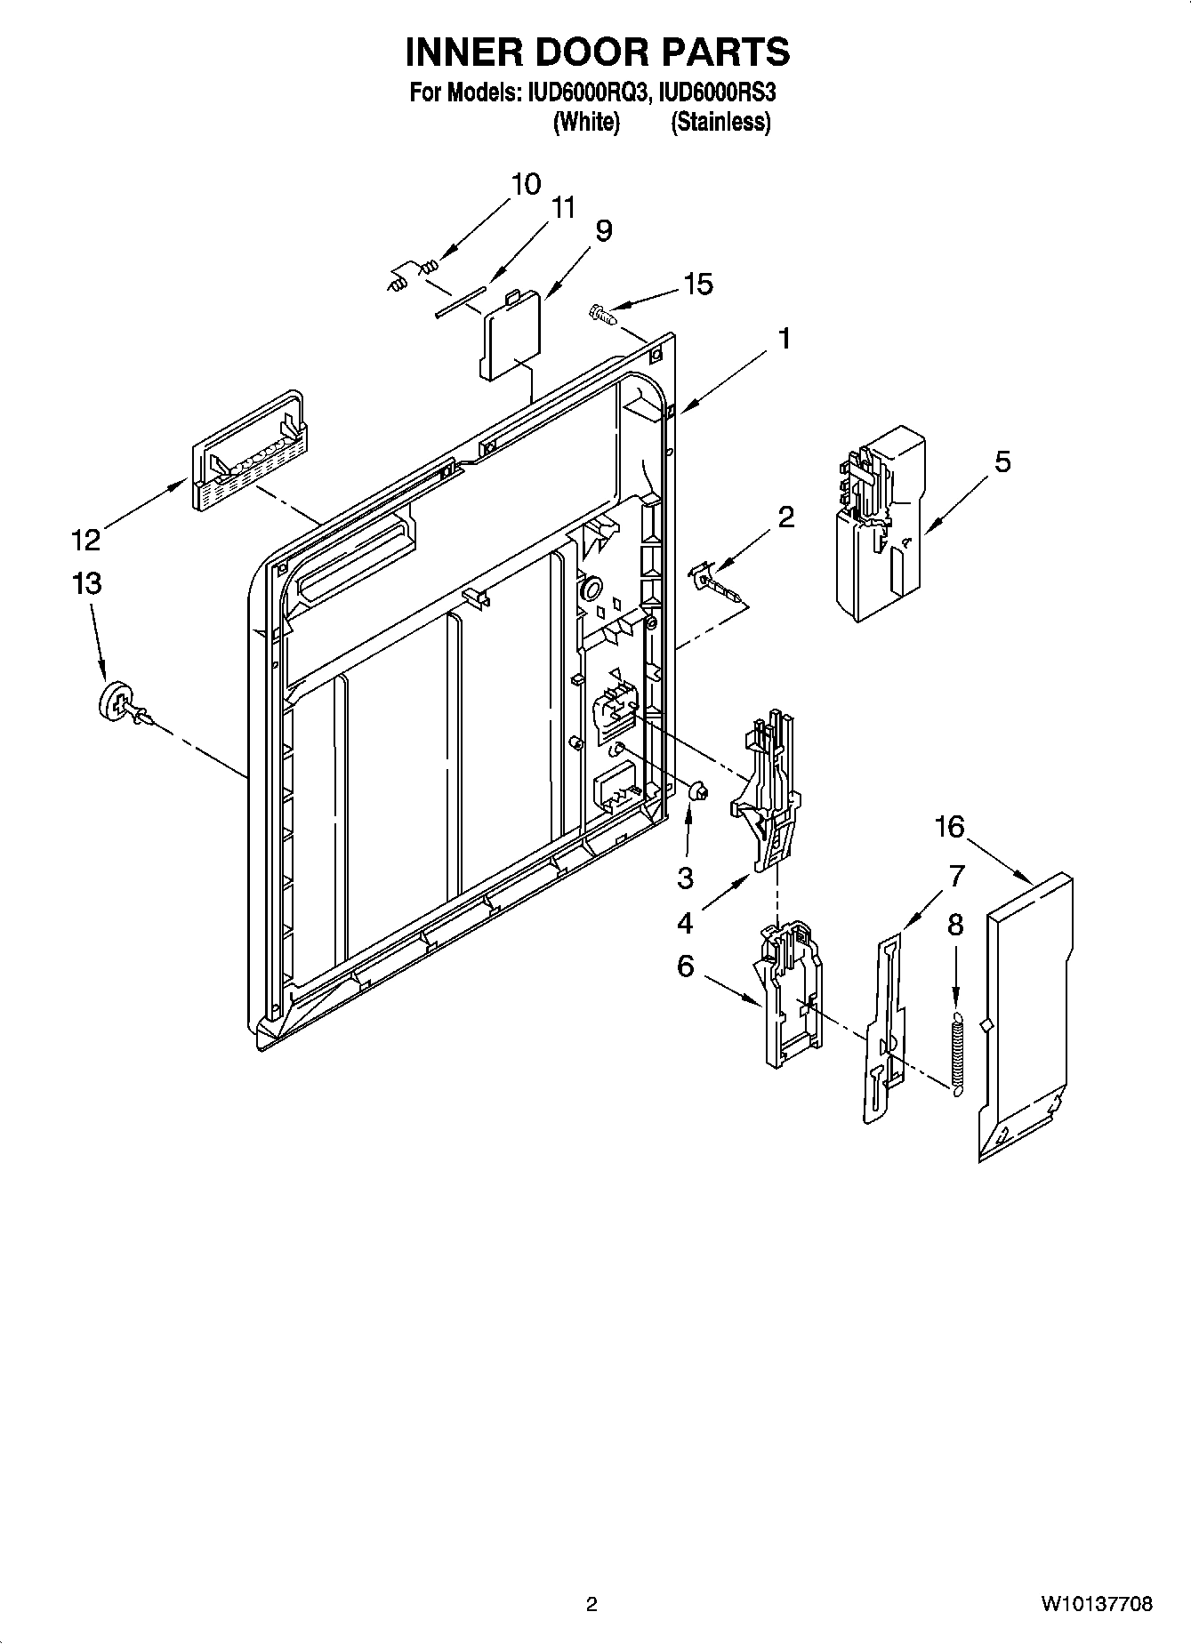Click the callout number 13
coord(87,584)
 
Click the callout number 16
coord(949,827)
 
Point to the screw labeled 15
coord(601,313)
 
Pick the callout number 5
coord(1002,461)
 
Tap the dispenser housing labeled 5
coord(876,525)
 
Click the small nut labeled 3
coord(697,790)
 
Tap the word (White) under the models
coord(585,122)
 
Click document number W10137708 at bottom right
coord(1096,1604)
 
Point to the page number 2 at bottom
coord(591,1604)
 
